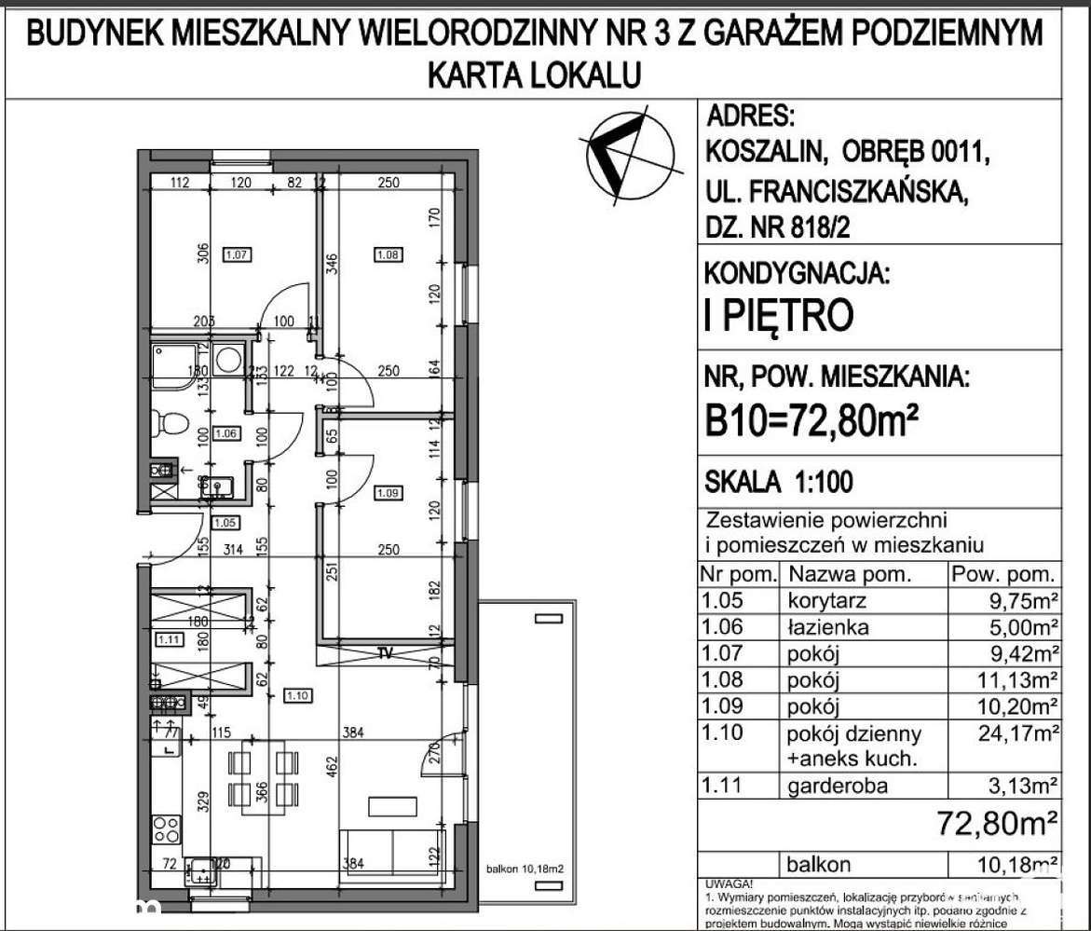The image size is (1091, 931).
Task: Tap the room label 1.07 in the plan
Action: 237,253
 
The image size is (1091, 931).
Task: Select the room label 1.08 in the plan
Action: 387,253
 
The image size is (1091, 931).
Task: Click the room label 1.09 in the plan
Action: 387,491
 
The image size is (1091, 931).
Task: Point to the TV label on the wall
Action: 385,652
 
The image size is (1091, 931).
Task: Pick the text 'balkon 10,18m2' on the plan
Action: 525,869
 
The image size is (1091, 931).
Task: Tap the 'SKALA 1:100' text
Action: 778,482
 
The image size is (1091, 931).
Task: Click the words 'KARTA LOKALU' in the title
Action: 533,74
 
